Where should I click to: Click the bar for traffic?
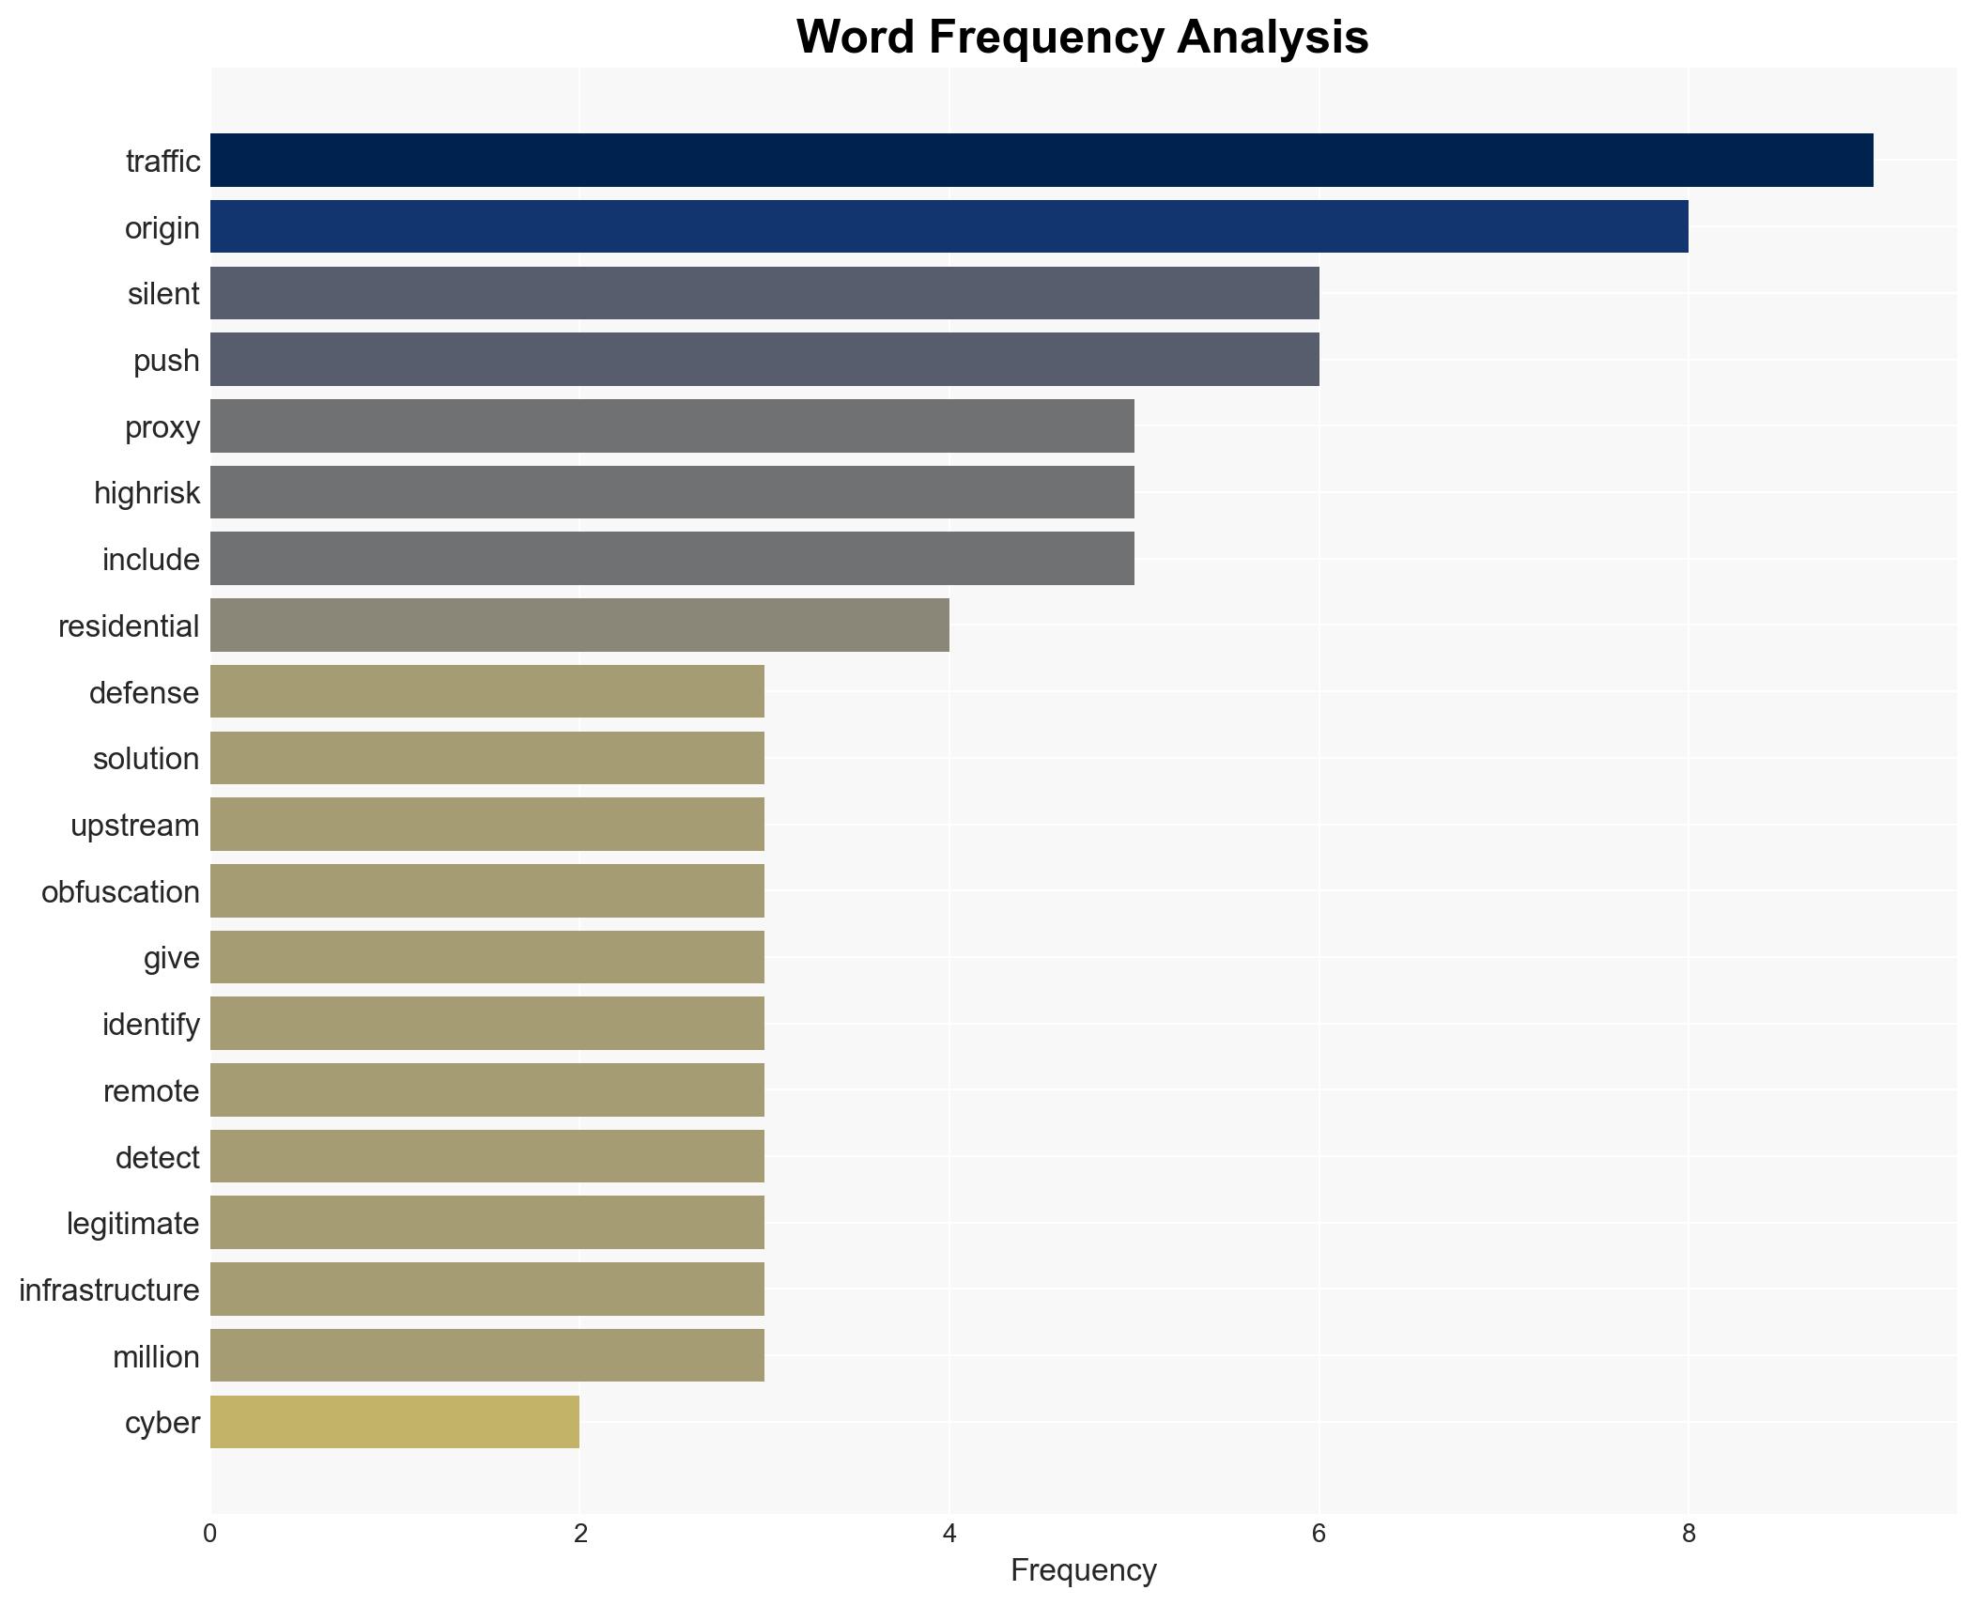pyautogui.click(x=1041, y=161)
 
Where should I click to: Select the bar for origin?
pyautogui.click(x=949, y=227)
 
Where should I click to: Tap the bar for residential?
pyautogui.click(x=579, y=625)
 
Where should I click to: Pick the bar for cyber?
pyautogui.click(x=394, y=1422)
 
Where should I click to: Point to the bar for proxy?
pyautogui.click(x=671, y=426)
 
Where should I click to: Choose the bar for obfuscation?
pyautogui.click(x=486, y=891)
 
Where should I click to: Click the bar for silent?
pyautogui.click(x=764, y=294)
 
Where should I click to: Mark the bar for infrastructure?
pyautogui.click(x=486, y=1289)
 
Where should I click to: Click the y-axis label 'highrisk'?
pyautogui.click(x=147, y=493)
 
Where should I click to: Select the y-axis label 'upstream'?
pyautogui.click(x=135, y=826)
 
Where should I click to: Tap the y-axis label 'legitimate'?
pyautogui.click(x=133, y=1224)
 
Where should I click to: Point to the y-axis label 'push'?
pyautogui.click(x=166, y=361)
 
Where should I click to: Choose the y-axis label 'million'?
pyautogui.click(x=156, y=1357)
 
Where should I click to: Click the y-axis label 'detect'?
pyautogui.click(x=157, y=1158)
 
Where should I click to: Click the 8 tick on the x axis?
pyautogui.click(x=1689, y=1534)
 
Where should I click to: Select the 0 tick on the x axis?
pyautogui.click(x=210, y=1534)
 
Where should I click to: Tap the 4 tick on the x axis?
pyautogui.click(x=949, y=1534)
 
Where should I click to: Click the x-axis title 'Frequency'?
pyautogui.click(x=1083, y=1570)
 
